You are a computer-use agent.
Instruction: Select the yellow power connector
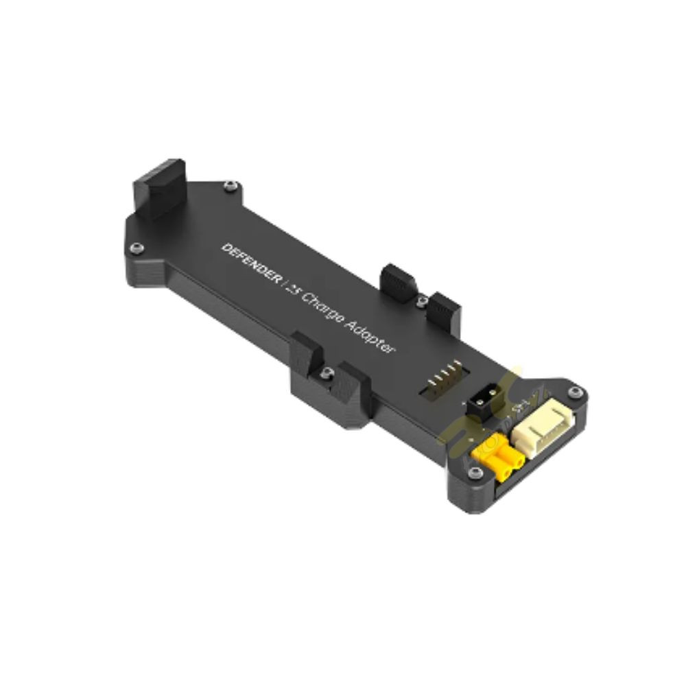pos(498,461)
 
